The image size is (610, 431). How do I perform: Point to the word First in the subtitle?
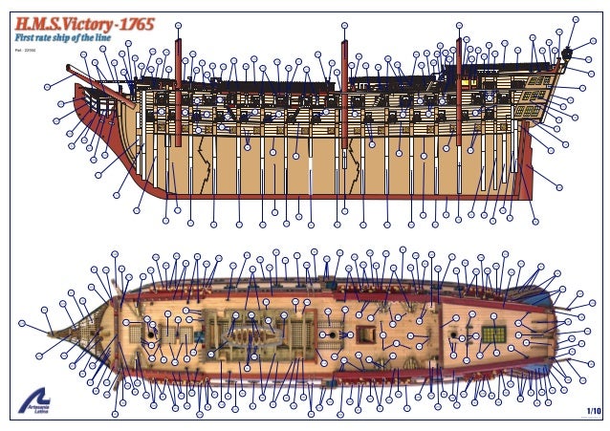(x=23, y=36)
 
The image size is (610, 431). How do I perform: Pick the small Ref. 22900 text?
(x=25, y=47)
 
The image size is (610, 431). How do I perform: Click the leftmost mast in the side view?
(x=178, y=91)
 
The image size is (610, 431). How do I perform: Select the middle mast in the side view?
(x=343, y=91)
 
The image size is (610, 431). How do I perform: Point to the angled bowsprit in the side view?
(x=96, y=75)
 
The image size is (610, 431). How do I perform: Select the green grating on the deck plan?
(x=493, y=334)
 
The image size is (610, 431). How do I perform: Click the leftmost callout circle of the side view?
(x=48, y=87)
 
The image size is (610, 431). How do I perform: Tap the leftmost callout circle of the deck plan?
(x=45, y=311)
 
